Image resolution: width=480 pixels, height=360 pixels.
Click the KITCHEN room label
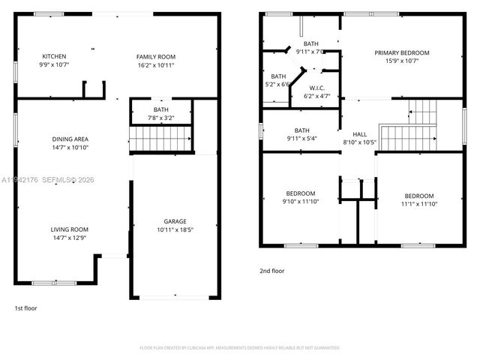[54, 57]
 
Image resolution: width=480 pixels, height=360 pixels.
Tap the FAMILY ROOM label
[155, 57]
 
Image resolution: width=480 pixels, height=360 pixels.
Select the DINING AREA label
[70, 139]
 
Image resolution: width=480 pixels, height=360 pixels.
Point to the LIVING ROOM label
[70, 229]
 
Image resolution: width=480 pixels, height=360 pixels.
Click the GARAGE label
[175, 221]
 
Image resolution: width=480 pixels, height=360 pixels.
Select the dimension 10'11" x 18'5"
[175, 229]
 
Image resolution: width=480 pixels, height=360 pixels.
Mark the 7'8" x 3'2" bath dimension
[161, 118]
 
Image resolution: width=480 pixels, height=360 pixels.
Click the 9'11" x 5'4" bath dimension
[302, 138]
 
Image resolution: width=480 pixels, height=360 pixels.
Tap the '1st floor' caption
[25, 308]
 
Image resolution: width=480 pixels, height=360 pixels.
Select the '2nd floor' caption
[272, 271]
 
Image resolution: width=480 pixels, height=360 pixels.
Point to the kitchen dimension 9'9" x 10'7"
[54, 65]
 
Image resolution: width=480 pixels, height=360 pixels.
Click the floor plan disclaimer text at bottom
[240, 348]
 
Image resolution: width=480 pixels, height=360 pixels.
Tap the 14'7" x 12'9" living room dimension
[70, 238]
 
